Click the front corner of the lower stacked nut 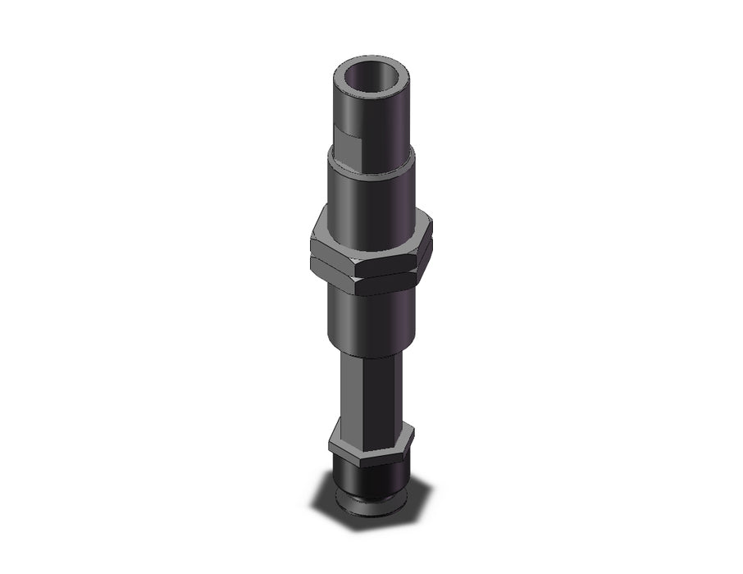tap(359, 283)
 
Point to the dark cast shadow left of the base tap(324, 500)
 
